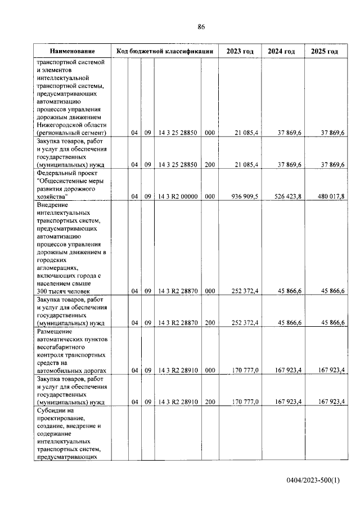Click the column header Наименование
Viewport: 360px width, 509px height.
click(x=71, y=51)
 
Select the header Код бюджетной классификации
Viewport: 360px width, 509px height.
click(x=164, y=51)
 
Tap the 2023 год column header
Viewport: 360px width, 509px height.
click(x=240, y=51)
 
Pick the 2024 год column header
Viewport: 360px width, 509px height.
click(x=281, y=51)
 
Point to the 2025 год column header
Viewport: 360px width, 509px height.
click(x=324, y=51)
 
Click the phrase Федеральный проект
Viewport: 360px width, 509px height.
click(x=69, y=173)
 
